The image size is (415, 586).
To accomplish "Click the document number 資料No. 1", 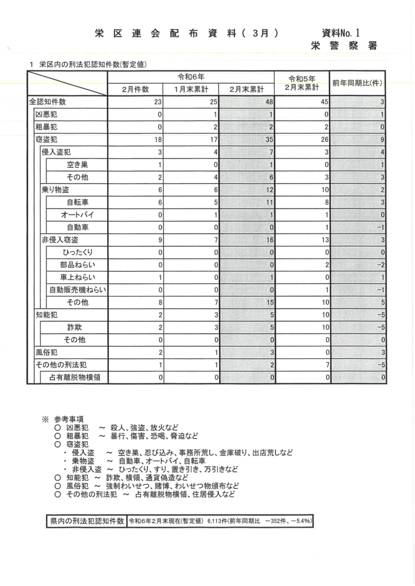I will [342, 33].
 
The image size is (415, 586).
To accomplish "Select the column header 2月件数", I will [135, 89].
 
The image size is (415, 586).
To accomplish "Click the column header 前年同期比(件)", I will [357, 84].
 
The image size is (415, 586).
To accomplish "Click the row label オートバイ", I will [78, 215].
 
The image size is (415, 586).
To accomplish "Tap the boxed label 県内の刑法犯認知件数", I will [87, 521].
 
